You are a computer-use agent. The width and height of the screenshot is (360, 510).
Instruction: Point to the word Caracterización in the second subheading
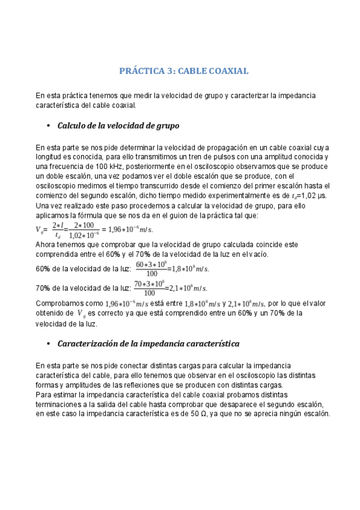point(91,344)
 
